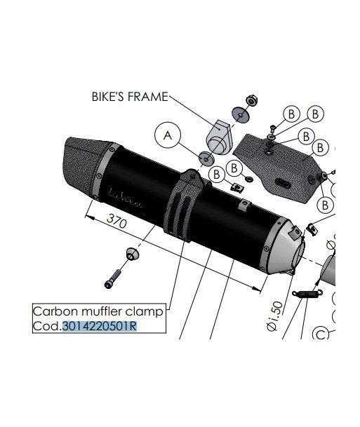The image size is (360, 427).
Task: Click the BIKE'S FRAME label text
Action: (x=130, y=97)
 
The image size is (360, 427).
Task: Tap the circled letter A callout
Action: (x=168, y=135)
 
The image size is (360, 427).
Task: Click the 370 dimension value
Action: (x=117, y=221)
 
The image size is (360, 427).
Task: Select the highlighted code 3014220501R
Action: (x=100, y=326)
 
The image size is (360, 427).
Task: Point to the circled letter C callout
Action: (x=321, y=334)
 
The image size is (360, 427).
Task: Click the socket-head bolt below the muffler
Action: (x=112, y=279)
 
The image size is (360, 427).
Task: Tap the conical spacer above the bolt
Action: (x=133, y=254)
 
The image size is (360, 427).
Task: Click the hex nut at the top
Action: (x=251, y=100)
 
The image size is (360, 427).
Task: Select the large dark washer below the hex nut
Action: (x=241, y=115)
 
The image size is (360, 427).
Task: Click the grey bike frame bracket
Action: (x=219, y=137)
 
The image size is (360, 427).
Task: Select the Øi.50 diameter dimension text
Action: (x=276, y=316)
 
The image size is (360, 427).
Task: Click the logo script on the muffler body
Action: (x=126, y=198)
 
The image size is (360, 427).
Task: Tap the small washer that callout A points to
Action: (x=206, y=158)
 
